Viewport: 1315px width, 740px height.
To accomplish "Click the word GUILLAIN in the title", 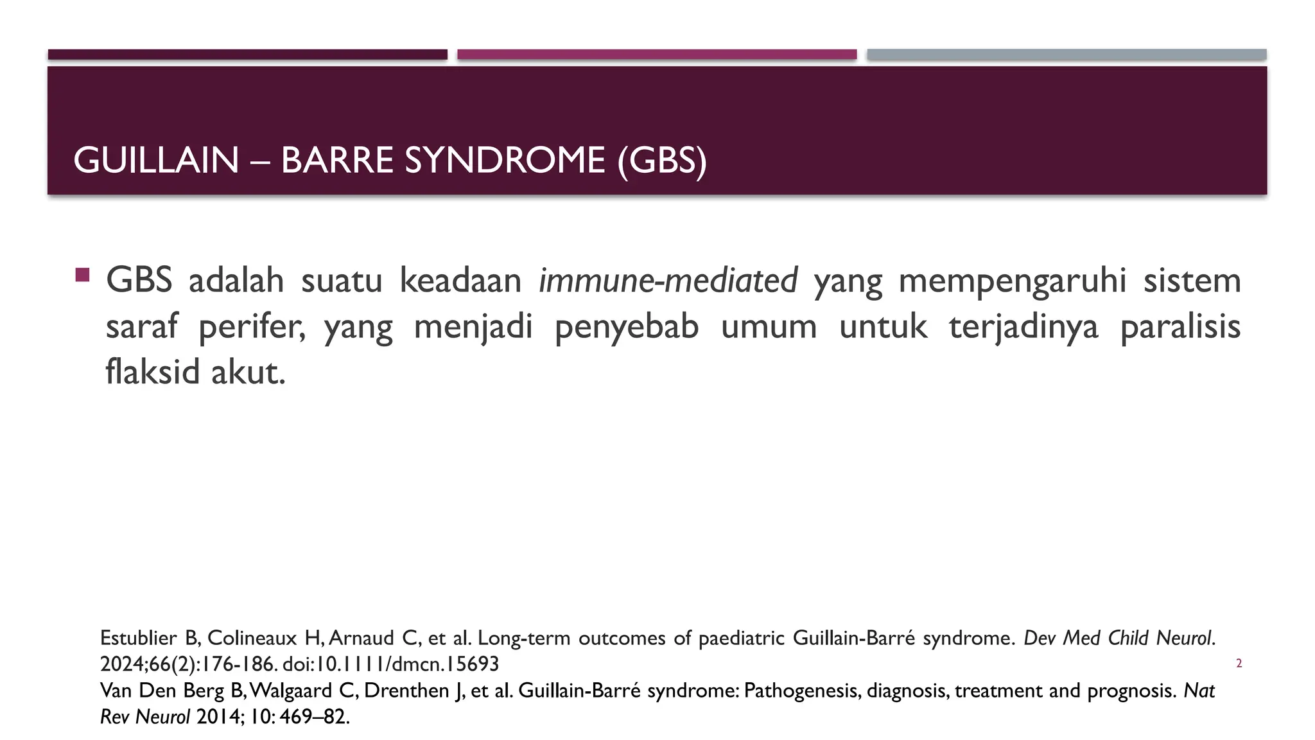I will click(x=156, y=160).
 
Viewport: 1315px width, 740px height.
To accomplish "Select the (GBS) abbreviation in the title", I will click(x=661, y=160).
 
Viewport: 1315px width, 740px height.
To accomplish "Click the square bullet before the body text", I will click(x=82, y=275).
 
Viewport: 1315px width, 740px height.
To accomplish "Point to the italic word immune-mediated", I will click(x=668, y=281).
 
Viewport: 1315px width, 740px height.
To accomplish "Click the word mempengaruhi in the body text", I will click(x=1013, y=281).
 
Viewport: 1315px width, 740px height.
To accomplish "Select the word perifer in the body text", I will click(x=250, y=327).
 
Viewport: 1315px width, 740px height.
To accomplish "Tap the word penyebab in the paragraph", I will click(x=626, y=327).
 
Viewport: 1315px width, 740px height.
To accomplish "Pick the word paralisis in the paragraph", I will click(x=1180, y=327).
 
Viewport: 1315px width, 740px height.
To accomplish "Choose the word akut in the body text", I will click(x=248, y=372).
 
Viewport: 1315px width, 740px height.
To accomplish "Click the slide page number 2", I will click(x=1239, y=664).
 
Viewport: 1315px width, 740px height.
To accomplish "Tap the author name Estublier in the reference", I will click(x=138, y=638).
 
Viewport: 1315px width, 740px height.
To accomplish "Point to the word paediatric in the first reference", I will click(x=741, y=638).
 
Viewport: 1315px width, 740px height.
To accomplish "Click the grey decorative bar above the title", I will click(x=1067, y=55).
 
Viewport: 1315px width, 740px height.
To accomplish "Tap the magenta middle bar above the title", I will click(x=657, y=55).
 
